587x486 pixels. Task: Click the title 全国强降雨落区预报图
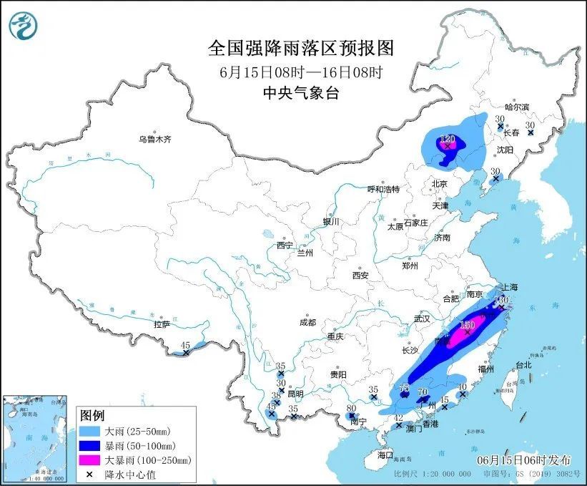click(x=300, y=48)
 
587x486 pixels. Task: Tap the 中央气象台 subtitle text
click(x=300, y=92)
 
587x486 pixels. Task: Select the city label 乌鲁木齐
click(x=155, y=139)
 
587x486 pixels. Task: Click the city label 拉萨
click(x=162, y=324)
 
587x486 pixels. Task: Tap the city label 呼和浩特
click(x=383, y=189)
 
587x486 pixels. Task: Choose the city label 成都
click(x=308, y=322)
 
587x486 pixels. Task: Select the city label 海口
click(x=385, y=455)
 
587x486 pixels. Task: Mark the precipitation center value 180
click(x=467, y=325)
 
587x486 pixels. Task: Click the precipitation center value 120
click(x=448, y=138)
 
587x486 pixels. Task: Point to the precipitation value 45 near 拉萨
click(x=185, y=345)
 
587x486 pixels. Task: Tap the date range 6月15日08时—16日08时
click(x=300, y=72)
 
